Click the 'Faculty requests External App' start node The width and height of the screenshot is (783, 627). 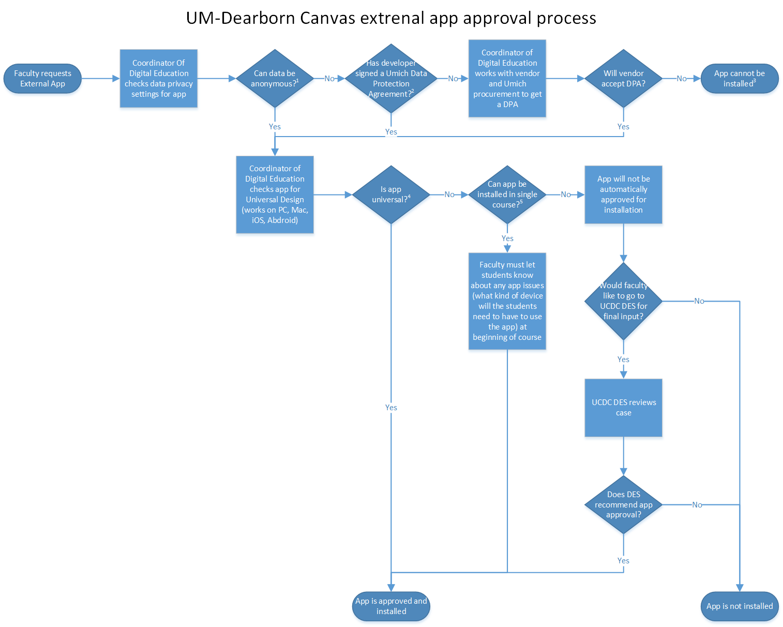[42, 79]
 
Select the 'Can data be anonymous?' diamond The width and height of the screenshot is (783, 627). [275, 79]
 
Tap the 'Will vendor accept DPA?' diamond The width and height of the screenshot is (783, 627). [623, 79]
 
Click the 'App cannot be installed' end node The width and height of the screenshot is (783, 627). [740, 79]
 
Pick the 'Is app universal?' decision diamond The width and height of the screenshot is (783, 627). [391, 195]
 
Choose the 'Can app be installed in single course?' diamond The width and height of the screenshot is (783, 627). [507, 195]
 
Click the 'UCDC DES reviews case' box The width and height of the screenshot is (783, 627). [623, 408]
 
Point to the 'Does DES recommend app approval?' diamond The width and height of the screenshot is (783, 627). [623, 504]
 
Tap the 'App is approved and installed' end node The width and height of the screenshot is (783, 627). [391, 606]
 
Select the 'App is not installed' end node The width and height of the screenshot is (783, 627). [740, 606]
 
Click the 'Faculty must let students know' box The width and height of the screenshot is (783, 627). [507, 301]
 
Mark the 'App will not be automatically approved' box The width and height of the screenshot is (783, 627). [623, 195]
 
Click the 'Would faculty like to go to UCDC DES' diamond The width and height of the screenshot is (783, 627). [623, 301]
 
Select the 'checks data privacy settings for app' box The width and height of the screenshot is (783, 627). [159, 79]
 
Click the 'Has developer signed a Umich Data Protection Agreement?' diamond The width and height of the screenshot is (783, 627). [391, 79]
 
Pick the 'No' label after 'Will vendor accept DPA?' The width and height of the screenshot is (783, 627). [682, 79]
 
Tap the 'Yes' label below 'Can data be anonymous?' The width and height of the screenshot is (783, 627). [275, 127]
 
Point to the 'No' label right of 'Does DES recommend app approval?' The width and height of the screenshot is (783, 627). [697, 505]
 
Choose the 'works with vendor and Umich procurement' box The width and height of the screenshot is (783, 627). [507, 79]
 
